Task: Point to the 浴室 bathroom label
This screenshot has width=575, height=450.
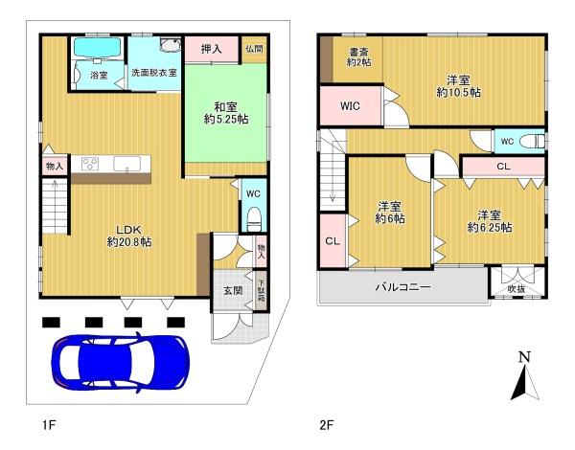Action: pos(99,74)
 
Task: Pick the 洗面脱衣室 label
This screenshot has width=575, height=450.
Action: pos(154,74)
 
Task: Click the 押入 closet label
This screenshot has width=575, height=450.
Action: pos(211,50)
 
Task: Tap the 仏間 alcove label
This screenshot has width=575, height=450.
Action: pos(254,50)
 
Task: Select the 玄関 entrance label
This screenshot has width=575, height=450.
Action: pos(233,290)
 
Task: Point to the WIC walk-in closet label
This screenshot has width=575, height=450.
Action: pos(350,106)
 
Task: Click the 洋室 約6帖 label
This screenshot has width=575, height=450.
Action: pos(389,213)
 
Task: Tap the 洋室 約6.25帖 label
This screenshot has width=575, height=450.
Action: pos(489,220)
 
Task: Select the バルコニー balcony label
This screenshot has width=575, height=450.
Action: pos(402,286)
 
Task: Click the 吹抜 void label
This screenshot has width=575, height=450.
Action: pos(517,287)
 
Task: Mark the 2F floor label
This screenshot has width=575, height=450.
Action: pos(326,422)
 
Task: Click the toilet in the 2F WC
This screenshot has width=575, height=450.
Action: pos(533,141)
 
